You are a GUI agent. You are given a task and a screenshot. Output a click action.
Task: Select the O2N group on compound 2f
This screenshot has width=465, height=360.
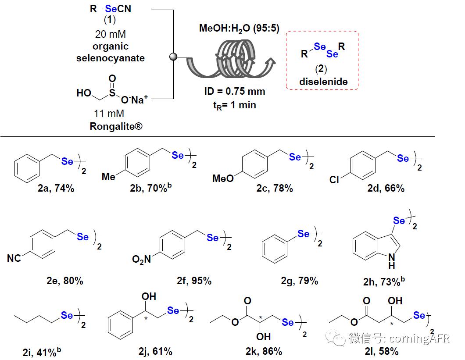(142, 260)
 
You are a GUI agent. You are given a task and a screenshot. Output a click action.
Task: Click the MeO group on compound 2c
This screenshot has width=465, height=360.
(223, 178)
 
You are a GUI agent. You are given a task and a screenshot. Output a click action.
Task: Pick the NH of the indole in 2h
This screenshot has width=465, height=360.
(392, 261)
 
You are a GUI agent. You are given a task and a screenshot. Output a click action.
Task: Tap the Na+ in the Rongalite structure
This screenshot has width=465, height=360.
(142, 100)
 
